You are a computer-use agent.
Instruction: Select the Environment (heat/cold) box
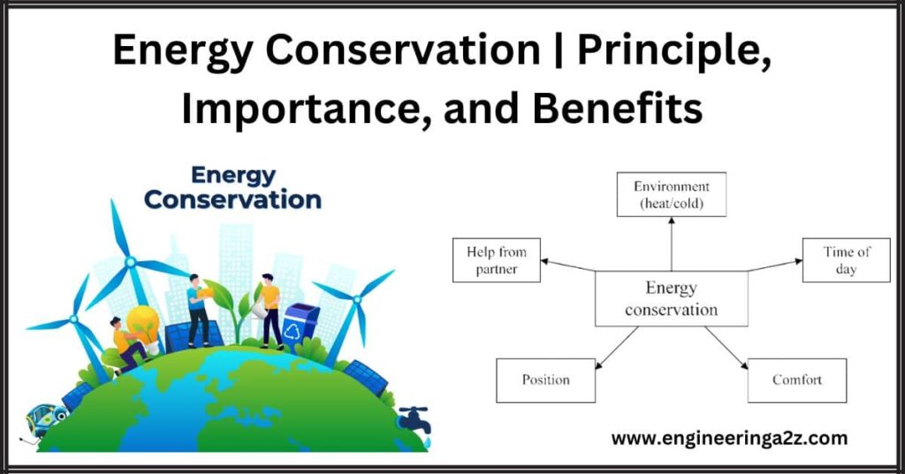671,195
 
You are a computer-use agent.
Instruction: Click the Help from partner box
496,260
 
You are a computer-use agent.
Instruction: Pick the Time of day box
846,260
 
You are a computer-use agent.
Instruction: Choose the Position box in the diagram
545,380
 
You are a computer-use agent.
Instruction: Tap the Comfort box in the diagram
796,380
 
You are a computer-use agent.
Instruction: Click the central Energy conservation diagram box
671,299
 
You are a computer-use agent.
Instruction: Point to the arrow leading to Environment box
671,243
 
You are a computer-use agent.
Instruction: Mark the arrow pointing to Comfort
726,345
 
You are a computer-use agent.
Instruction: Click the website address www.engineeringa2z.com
729,438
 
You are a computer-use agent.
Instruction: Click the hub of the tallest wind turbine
130,262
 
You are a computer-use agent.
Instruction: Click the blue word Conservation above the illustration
232,199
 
